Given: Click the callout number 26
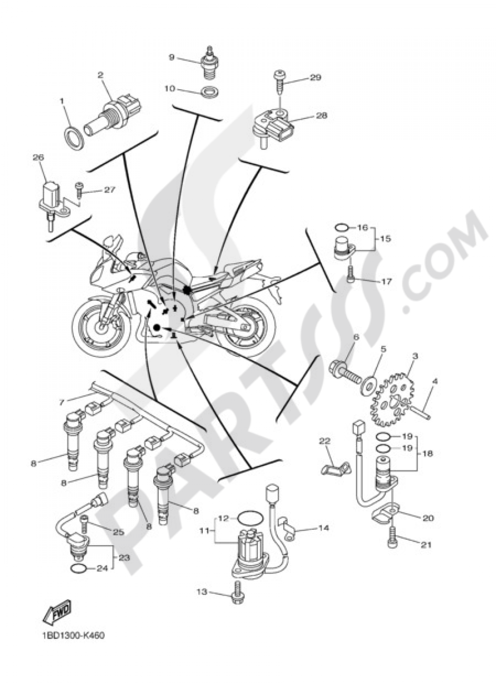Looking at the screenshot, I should coord(38,157).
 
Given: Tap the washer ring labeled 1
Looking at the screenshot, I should coord(73,135).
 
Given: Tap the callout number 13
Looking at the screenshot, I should coord(201,591).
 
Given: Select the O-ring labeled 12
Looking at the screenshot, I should coord(248,518).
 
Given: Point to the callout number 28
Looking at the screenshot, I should coord(321,115).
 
